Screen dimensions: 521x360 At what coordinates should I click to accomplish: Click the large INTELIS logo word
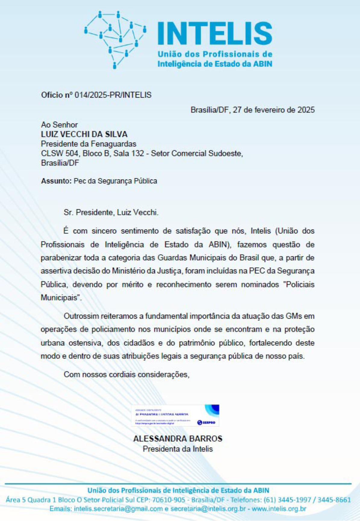pos(215,34)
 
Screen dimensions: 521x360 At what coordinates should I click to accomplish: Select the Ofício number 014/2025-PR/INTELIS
pos(113,95)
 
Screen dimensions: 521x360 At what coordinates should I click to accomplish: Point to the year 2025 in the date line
pos(306,110)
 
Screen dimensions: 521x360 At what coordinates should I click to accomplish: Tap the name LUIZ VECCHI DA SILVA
pos(84,134)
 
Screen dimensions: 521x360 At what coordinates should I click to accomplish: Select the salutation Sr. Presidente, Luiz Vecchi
pos(111,213)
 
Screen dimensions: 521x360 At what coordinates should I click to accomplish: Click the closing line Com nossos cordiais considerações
pos(127,375)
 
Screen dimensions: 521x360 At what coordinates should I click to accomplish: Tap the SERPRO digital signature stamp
pos(175,415)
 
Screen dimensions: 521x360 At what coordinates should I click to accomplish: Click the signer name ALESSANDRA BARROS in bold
pos(178,439)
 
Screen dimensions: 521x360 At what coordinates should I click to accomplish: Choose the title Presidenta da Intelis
pos(178,449)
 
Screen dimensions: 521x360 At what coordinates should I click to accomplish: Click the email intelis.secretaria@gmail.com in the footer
pos(118,509)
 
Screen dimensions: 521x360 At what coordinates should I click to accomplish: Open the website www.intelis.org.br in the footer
pos(279,509)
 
